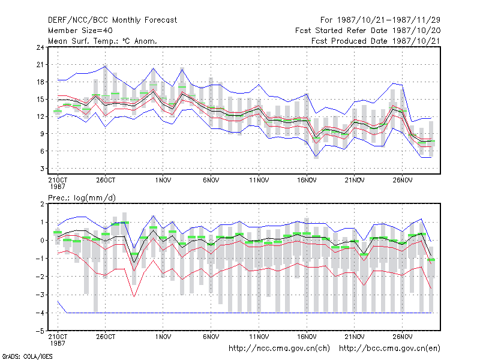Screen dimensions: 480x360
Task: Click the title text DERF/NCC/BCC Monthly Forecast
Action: [112, 20]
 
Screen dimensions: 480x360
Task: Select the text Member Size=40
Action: [80, 31]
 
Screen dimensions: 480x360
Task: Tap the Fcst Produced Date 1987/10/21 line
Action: [376, 41]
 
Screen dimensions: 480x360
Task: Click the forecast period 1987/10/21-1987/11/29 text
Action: [380, 20]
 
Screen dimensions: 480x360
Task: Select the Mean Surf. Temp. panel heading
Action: [103, 41]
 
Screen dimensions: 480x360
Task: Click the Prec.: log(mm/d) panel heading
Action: [82, 198]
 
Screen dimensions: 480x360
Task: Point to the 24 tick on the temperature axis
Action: [40, 47]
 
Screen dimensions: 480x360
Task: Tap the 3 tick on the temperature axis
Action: [42, 169]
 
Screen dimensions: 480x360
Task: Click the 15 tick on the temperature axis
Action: [40, 100]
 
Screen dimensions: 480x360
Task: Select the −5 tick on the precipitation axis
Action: [40, 331]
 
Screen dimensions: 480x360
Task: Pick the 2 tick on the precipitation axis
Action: [42, 204]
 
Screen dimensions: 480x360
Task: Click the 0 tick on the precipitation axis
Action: [42, 241]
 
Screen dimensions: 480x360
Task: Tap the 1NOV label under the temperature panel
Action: [163, 181]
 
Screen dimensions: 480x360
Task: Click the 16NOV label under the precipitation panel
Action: [307, 337]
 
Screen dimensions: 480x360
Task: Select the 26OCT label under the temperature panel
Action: [106, 181]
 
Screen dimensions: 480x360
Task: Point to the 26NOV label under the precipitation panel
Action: [402, 337]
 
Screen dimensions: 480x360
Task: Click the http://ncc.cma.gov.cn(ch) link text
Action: [279, 349]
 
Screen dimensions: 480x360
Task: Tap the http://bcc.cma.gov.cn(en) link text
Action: [389, 349]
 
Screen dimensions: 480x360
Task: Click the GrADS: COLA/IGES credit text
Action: [27, 356]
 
